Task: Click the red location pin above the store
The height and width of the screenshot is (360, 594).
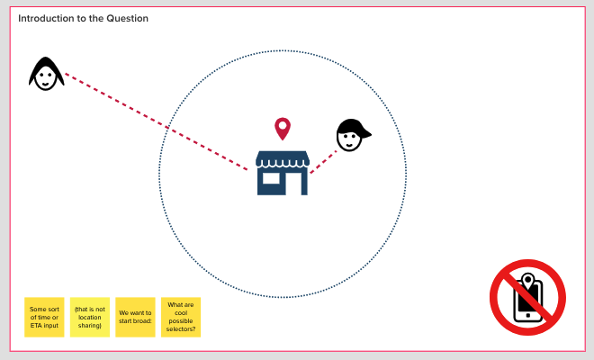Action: coord(283,128)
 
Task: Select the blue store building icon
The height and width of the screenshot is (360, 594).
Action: coord(283,173)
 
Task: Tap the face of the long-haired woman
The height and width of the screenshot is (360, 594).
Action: coord(45,76)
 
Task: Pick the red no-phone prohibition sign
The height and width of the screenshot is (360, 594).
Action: coord(527,296)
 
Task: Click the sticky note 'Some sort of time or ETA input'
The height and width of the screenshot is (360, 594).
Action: coord(44,317)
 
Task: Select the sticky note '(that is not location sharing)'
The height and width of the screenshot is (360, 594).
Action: coord(90,317)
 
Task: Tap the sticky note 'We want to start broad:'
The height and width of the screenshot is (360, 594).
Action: coord(135,317)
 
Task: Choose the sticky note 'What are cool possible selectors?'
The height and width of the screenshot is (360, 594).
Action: coord(181,317)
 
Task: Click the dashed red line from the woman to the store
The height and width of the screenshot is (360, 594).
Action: coord(153,121)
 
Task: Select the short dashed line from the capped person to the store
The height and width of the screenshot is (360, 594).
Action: coord(323,160)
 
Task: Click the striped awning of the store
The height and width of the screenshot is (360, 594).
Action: coord(283,160)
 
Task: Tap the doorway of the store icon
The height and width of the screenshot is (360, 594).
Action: coord(293,183)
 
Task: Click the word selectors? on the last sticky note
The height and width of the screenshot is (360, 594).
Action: coord(181,329)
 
